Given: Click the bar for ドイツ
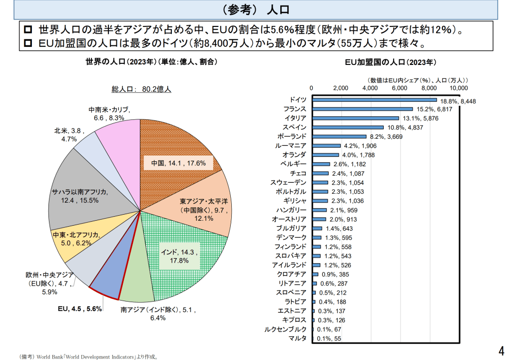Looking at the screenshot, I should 374,100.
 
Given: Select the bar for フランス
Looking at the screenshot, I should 362,109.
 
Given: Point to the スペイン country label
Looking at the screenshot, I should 295,127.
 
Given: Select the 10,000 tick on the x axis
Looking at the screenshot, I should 459,88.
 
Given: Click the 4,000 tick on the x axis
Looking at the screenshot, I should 370,88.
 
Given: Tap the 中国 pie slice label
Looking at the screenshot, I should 178,163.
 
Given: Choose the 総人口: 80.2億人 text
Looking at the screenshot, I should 141,89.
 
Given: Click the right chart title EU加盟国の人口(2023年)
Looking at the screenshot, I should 391,62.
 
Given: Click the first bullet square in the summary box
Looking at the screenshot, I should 28,29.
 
